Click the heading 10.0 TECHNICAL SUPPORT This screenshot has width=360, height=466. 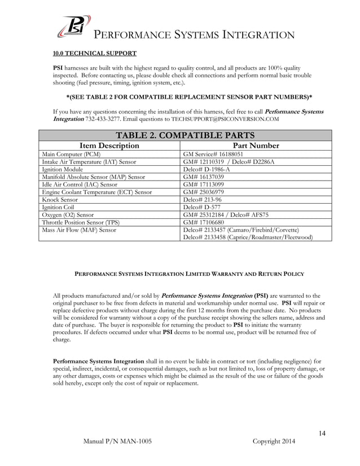[x=94, y=54]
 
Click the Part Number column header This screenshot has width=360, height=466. [x=256, y=146]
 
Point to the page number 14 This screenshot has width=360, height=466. [x=322, y=433]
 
